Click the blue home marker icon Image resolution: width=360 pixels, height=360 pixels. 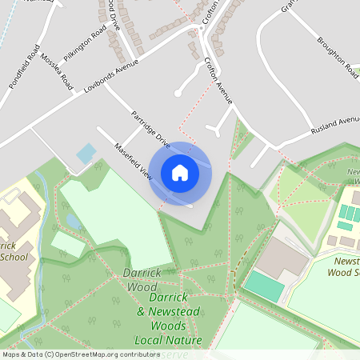pos(180,173)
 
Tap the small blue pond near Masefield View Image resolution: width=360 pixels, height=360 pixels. pos(85,151)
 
